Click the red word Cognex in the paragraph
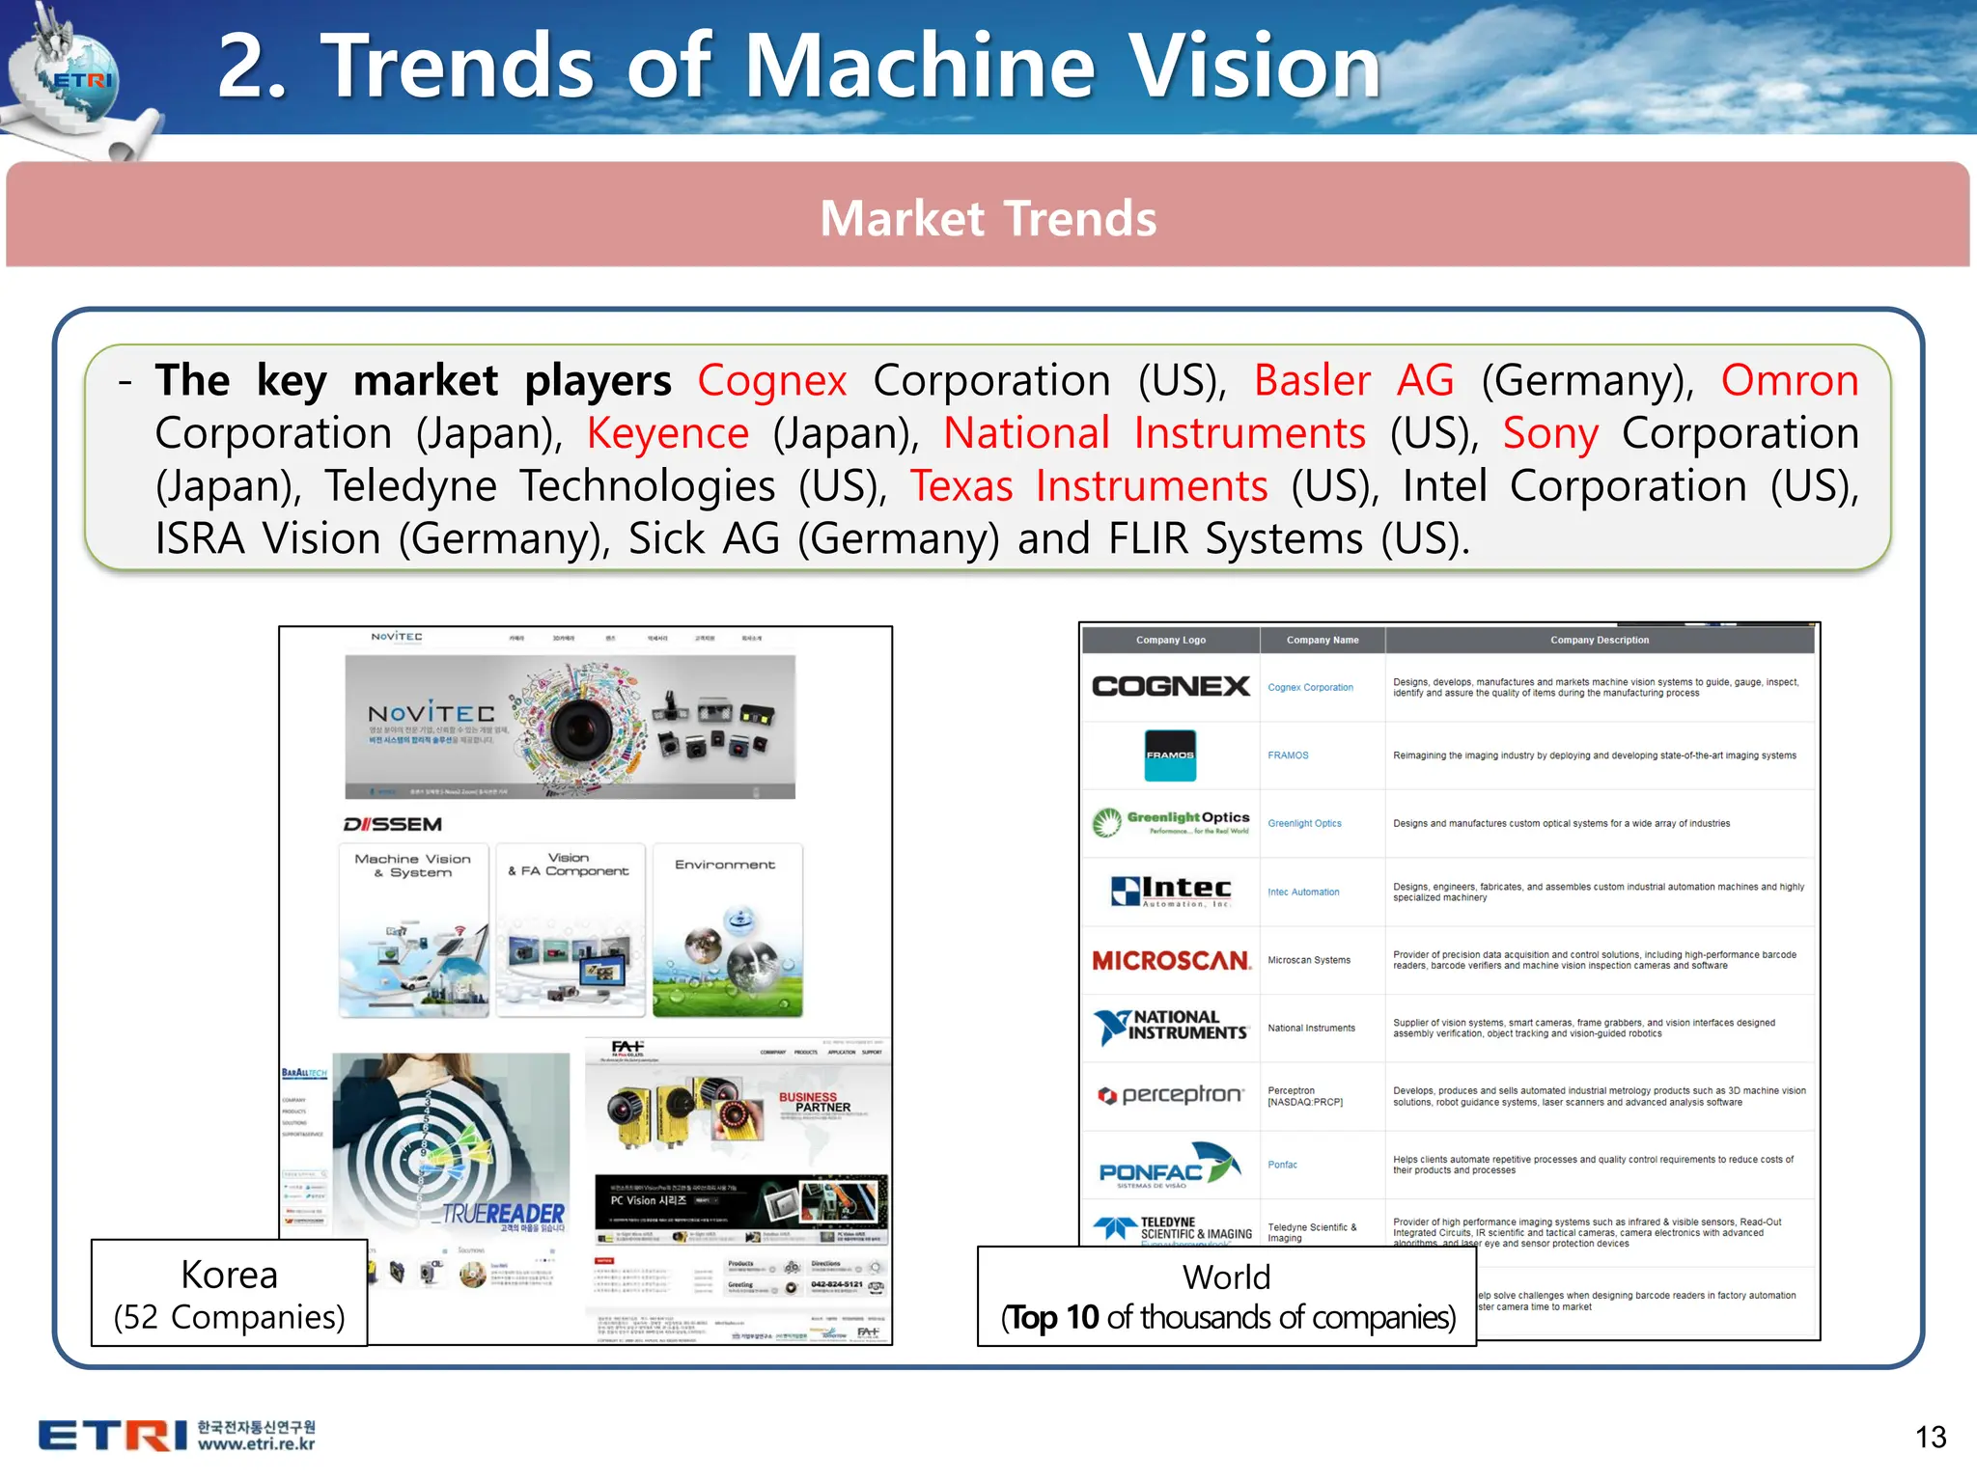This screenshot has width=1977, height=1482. (771, 380)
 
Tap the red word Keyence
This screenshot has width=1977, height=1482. (667, 433)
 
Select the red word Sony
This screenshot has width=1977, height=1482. (1549, 433)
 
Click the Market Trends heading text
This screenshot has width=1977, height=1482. (988, 218)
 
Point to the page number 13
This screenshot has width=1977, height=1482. (1930, 1437)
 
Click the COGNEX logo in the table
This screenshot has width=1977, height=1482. (1170, 686)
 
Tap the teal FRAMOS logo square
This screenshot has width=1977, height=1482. (1170, 755)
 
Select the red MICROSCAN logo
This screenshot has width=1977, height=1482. (1170, 960)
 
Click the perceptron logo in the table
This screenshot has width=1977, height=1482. (1170, 1095)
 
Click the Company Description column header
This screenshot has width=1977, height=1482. (1599, 640)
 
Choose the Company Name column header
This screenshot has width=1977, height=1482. (1322, 640)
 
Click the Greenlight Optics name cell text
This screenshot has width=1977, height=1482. (1304, 824)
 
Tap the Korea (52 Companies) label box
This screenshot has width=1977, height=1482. (229, 1294)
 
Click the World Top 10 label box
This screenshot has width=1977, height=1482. (1227, 1297)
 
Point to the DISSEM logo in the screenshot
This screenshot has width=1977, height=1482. (393, 824)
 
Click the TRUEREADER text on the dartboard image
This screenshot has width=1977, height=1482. (503, 1213)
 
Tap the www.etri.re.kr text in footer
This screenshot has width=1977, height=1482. (257, 1444)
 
